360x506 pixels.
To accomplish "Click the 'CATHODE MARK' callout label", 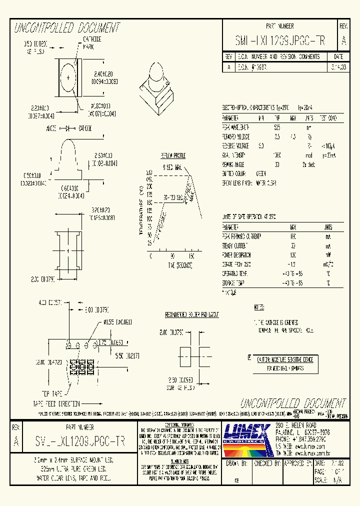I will coord(91,42).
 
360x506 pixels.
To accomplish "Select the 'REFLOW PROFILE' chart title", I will coord(172,156).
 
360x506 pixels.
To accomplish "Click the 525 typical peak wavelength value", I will coord(277,127).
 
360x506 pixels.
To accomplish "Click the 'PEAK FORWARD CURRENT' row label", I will coord(242,236).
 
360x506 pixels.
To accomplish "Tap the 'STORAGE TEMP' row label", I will coord(234,283).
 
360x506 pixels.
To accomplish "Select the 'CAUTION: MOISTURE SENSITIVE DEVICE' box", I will coord(284,359).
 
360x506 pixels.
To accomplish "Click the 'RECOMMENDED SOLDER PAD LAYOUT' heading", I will coord(192,315).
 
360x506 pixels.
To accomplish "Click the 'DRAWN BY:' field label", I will coord(237,463).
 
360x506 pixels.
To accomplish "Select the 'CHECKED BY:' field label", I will coord(266,463).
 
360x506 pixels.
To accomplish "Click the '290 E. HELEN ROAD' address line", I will coord(296,425).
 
